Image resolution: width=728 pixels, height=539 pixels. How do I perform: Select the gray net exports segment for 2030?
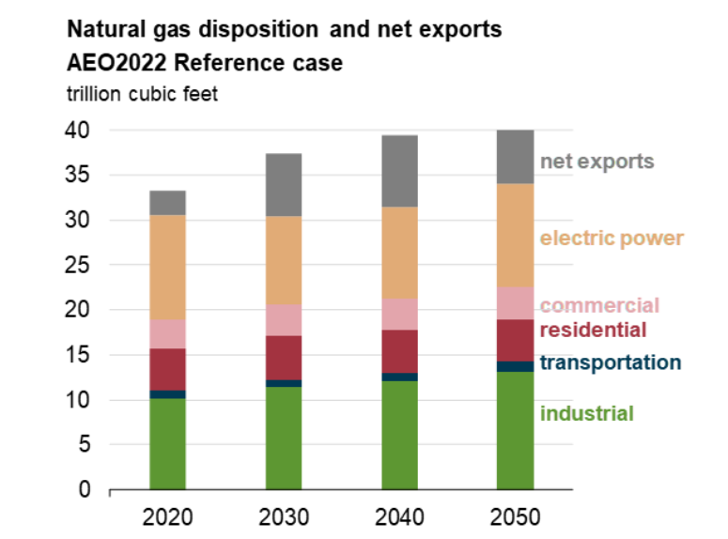click(x=284, y=185)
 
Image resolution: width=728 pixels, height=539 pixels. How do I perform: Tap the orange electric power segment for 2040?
click(x=399, y=253)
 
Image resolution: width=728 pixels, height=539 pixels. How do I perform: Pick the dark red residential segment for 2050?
click(x=515, y=340)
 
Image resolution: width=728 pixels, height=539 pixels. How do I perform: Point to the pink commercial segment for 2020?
click(x=167, y=333)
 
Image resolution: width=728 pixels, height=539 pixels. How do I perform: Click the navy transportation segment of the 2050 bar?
click(x=515, y=366)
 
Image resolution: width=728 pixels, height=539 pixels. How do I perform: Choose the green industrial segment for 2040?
click(x=399, y=435)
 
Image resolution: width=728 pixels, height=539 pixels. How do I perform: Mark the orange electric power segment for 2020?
click(x=167, y=268)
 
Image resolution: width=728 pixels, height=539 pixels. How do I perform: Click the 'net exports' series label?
click(x=596, y=162)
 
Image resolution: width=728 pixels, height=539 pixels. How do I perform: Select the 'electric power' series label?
click(x=612, y=239)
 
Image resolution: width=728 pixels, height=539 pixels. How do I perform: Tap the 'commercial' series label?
click(x=599, y=305)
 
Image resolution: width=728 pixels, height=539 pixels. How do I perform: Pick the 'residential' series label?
click(x=593, y=330)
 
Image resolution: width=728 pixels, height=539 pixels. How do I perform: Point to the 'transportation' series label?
click(x=610, y=362)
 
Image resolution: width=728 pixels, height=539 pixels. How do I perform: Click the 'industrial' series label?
click(x=586, y=413)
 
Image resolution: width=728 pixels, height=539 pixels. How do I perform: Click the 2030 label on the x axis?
click(x=284, y=516)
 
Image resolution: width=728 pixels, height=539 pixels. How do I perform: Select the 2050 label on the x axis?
click(x=515, y=516)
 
